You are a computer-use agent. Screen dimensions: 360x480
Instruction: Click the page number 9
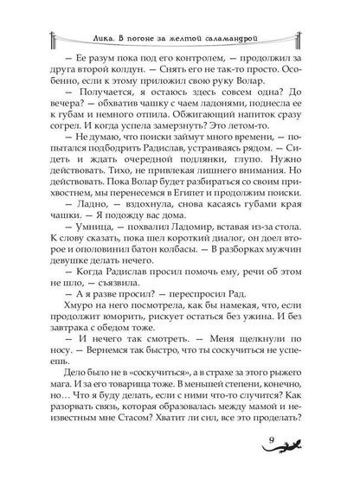(281, 444)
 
